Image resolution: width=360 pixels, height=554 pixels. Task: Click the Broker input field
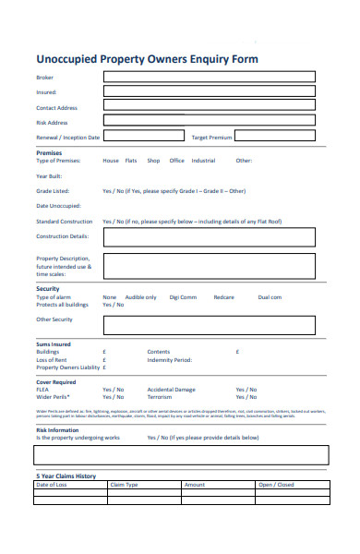tap(209, 78)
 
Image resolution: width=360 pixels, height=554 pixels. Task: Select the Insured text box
tap(209, 92)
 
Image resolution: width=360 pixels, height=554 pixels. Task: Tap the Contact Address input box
tap(209, 107)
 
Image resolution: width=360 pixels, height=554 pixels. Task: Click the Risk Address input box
tap(209, 121)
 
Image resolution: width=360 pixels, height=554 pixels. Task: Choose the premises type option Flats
tap(131, 161)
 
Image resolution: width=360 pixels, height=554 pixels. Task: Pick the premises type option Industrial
tap(203, 161)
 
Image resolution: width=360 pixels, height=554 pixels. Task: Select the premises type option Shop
tap(153, 161)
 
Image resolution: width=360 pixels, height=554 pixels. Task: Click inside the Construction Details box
tap(209, 237)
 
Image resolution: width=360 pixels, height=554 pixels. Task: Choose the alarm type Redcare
tap(224, 297)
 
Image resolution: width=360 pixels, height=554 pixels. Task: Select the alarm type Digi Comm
tap(183, 297)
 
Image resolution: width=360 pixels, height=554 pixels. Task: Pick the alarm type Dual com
tap(270, 297)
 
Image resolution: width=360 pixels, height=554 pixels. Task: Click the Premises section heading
tap(49, 152)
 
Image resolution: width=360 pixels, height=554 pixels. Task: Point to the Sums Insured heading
tap(54, 344)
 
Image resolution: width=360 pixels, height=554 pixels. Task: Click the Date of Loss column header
tap(52, 485)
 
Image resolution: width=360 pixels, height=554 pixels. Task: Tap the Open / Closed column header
tap(275, 485)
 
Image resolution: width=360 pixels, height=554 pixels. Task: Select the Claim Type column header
tap(124, 485)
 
